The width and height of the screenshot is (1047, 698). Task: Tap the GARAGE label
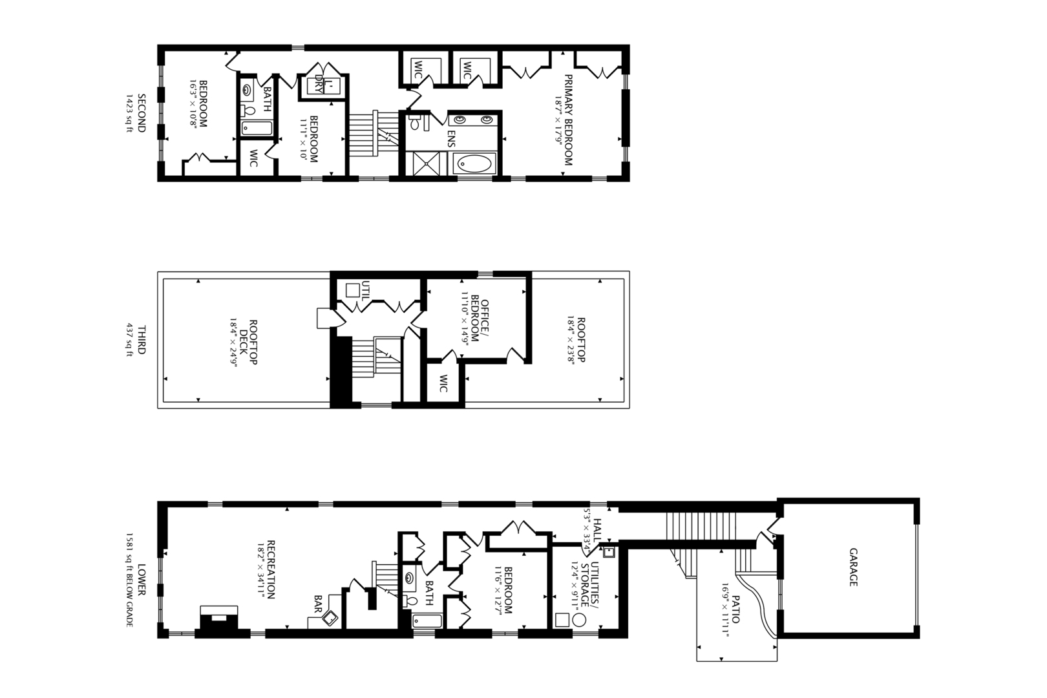[x=853, y=567]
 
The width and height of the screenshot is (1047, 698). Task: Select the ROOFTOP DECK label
[x=248, y=343]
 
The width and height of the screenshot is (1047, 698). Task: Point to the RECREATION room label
[x=271, y=569]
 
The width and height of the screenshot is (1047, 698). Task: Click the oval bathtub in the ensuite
[x=474, y=164]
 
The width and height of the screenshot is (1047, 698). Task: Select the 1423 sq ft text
[x=129, y=113]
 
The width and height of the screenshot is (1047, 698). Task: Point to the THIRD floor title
[x=142, y=340]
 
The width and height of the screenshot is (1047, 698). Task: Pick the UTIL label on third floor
[x=366, y=288]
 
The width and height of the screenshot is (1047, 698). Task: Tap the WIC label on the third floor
[x=443, y=384]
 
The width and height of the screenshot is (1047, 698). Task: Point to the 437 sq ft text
[x=129, y=340]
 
